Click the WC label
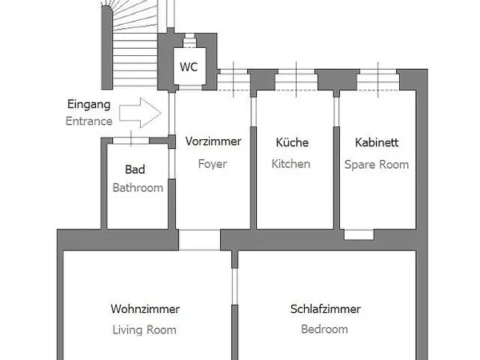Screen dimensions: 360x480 (188, 66)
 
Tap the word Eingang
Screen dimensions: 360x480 (89, 104)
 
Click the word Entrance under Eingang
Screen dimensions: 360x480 (89, 122)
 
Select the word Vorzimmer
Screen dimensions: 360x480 (213, 142)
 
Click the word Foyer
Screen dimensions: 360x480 (213, 164)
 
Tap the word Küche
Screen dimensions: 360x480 (292, 142)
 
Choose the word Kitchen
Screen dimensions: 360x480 (292, 164)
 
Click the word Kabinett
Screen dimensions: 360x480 (376, 142)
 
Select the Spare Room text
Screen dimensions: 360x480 (376, 164)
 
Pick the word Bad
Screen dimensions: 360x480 (135, 170)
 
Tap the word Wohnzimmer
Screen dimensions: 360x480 (145, 309)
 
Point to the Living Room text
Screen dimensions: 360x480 (145, 329)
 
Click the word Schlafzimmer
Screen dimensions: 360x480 (325, 309)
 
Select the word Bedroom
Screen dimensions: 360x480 (325, 329)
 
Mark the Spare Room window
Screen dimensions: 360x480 (377, 78)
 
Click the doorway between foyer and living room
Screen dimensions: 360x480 (198, 239)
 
